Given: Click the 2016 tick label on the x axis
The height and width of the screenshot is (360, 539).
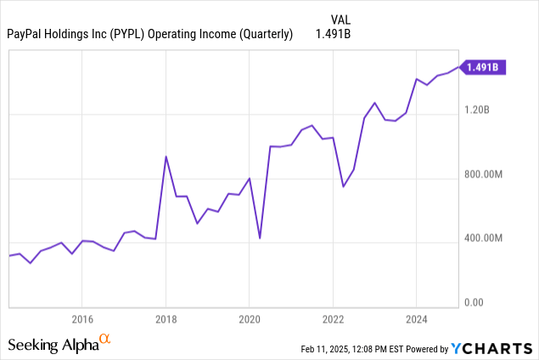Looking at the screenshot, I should pos(81,320).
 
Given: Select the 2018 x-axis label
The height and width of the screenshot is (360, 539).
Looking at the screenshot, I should pos(166,320).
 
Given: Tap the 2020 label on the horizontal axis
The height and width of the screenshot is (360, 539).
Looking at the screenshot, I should pos(249,320).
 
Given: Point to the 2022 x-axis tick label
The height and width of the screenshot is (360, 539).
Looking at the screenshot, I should pos(333,320).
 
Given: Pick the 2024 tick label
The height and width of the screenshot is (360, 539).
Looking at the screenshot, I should pos(416,320).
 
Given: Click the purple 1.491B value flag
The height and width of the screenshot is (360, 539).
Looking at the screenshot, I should pos(486,67).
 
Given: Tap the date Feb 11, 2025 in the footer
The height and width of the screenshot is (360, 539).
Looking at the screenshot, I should pos(328,349).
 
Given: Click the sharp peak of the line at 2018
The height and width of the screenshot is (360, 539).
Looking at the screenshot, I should pos(166,156).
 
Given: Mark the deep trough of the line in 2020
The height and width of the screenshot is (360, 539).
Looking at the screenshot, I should pos(259,238).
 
